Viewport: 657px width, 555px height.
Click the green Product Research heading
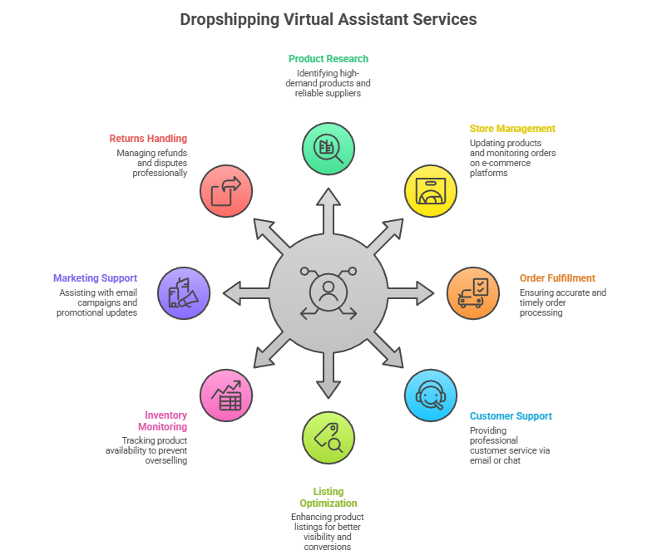328,59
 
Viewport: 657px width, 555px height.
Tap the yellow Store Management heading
512,129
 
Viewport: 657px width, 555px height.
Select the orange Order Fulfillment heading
557,278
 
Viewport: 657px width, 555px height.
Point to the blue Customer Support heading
511,416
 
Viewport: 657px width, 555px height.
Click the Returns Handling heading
148,139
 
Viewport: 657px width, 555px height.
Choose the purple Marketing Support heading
95,278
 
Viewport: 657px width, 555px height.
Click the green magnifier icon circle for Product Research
328,148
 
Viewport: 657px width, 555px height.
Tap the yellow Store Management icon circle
431,190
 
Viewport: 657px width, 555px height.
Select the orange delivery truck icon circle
473,293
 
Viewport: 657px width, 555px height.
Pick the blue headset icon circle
431,395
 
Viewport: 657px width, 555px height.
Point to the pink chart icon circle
226,395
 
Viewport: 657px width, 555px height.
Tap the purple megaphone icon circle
183,293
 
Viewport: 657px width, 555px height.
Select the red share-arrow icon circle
226,190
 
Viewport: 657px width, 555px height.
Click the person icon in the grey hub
328,291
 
